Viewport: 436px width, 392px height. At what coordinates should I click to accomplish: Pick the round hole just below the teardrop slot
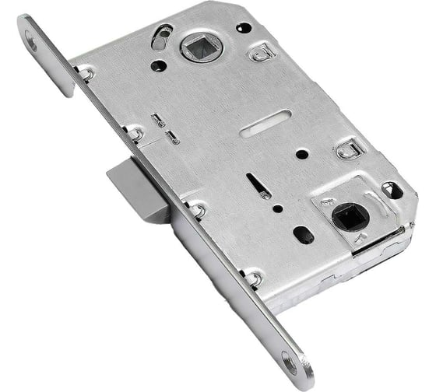157,65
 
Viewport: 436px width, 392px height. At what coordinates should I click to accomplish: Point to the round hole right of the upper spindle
243,28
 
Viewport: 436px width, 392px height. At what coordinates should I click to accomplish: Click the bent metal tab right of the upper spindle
260,54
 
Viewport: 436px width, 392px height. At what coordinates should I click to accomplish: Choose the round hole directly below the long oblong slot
301,154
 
